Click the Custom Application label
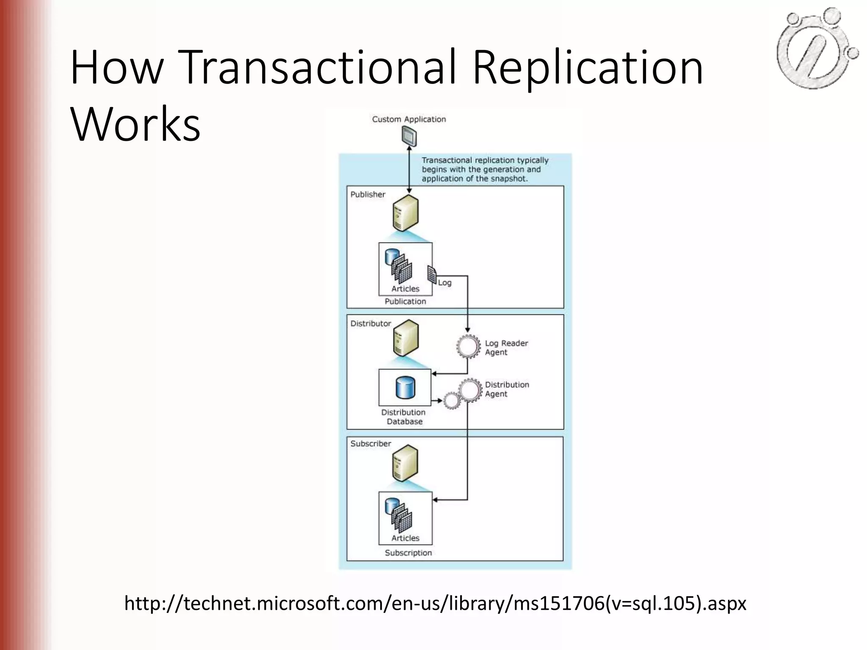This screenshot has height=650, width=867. (x=409, y=119)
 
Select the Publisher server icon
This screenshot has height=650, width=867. (x=405, y=213)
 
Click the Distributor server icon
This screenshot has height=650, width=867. (x=405, y=338)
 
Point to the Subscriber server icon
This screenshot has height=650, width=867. (x=405, y=463)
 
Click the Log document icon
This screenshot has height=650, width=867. (x=432, y=275)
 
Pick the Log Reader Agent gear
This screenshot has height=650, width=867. (x=468, y=347)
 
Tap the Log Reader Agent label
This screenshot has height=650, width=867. (x=506, y=347)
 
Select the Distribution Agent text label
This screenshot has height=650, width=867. (x=507, y=389)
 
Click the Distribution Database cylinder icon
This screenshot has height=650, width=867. (x=405, y=388)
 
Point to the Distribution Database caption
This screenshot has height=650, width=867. (x=404, y=417)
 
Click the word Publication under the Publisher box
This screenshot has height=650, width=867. (x=405, y=301)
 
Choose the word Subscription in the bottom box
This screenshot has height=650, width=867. (x=408, y=553)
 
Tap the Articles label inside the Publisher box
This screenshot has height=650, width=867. (x=405, y=289)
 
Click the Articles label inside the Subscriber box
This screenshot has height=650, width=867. (x=405, y=538)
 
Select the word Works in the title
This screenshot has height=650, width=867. (x=135, y=124)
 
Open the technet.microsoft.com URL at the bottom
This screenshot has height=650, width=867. (x=435, y=603)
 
